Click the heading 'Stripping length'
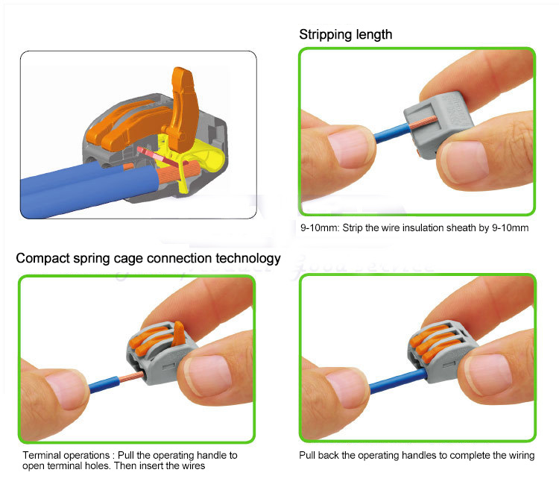pos(345,35)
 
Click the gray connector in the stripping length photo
pos(438,123)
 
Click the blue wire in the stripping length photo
pos(391,134)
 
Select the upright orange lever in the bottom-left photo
pos(179,333)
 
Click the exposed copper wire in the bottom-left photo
pos(131,377)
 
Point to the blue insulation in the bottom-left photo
pos(104,384)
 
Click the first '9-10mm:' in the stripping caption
pos(320,228)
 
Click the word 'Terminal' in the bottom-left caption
pos(42,455)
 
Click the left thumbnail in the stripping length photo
pos(350,148)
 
